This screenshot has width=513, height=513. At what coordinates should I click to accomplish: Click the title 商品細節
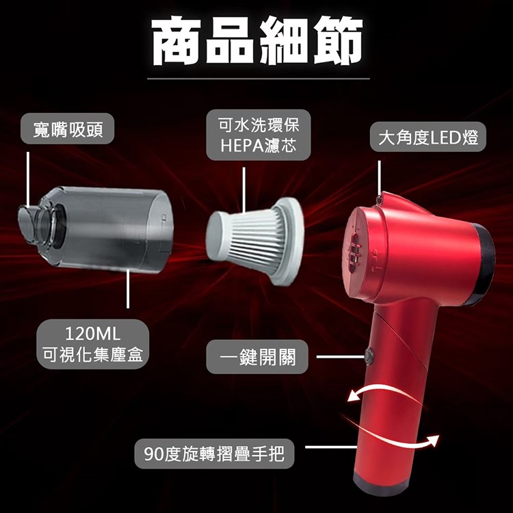257,42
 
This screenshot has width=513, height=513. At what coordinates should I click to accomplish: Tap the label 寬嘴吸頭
68,129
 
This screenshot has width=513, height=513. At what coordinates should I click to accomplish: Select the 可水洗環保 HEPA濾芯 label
259,135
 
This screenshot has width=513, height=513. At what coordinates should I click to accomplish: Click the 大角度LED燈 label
428,137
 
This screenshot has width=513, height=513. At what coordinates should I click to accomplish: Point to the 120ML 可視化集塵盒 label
93,344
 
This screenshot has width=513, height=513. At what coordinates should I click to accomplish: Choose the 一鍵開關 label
257,356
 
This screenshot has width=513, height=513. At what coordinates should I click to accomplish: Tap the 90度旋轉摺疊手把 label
214,453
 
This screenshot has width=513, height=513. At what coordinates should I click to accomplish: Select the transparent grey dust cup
96,230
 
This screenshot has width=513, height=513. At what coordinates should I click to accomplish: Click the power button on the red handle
369,354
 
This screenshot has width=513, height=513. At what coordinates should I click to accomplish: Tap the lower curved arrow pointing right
393,432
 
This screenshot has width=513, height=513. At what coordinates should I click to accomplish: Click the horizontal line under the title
259,79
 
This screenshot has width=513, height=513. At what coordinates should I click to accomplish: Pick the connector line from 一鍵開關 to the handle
340,356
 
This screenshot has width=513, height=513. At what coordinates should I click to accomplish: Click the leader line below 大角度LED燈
379,178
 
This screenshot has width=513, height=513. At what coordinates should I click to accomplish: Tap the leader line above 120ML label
128,289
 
